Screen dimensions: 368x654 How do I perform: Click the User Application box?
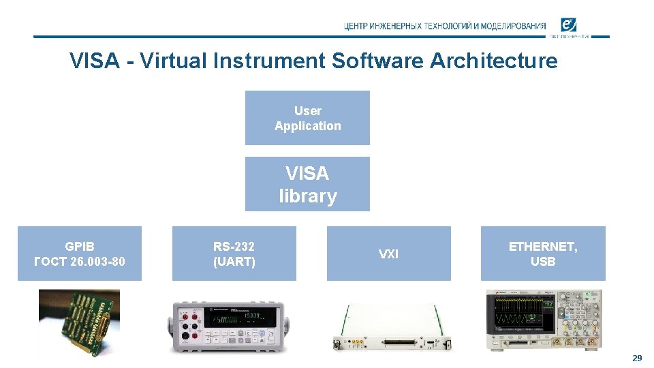tap(307, 118)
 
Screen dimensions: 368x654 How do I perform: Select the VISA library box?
tap(307, 184)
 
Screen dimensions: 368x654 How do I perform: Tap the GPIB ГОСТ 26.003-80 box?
tap(80, 254)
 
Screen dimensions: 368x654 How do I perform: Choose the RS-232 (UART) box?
tap(234, 254)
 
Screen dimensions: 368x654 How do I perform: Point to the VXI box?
tap(388, 254)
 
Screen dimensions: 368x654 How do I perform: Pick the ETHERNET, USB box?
tap(543, 254)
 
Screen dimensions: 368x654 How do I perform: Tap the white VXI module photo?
tap(388, 327)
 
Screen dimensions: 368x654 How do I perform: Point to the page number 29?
tap(637, 358)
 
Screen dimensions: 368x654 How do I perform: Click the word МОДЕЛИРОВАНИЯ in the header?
tap(513, 27)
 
